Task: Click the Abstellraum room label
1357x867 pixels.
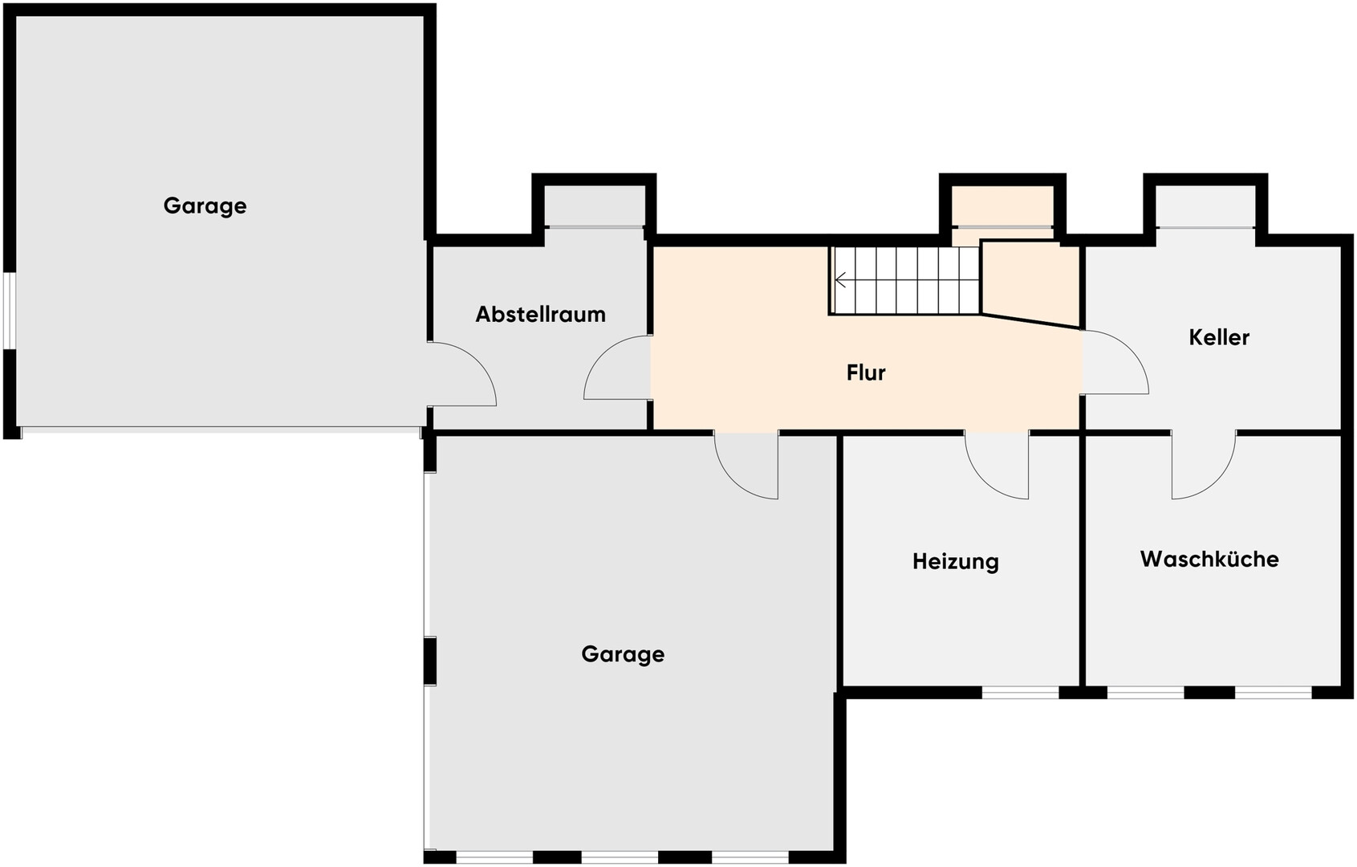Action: click(540, 314)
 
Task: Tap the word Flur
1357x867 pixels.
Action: click(866, 372)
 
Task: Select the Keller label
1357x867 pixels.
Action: click(1219, 337)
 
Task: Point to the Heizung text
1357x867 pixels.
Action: click(955, 562)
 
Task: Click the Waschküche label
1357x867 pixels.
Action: click(1209, 559)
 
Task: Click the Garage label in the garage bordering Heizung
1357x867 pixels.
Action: click(623, 654)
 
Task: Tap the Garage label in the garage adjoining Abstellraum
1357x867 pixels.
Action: click(205, 206)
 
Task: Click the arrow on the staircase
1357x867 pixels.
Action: click(841, 280)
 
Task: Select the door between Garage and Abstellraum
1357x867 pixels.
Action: click(461, 374)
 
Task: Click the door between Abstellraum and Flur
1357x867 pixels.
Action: click(617, 367)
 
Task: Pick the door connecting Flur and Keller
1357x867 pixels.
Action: click(1115, 362)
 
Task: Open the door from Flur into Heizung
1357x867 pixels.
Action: click(997, 466)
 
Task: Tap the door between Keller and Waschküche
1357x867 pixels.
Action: click(1203, 466)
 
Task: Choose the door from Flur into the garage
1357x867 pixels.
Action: click(746, 466)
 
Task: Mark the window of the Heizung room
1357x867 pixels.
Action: click(1020, 693)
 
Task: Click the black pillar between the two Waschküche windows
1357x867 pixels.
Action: click(1210, 693)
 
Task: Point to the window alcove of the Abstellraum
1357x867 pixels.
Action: click(595, 206)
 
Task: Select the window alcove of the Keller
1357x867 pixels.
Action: click(1205, 206)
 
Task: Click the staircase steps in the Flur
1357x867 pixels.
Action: click(905, 280)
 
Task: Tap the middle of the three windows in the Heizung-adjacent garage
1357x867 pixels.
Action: click(620, 857)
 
